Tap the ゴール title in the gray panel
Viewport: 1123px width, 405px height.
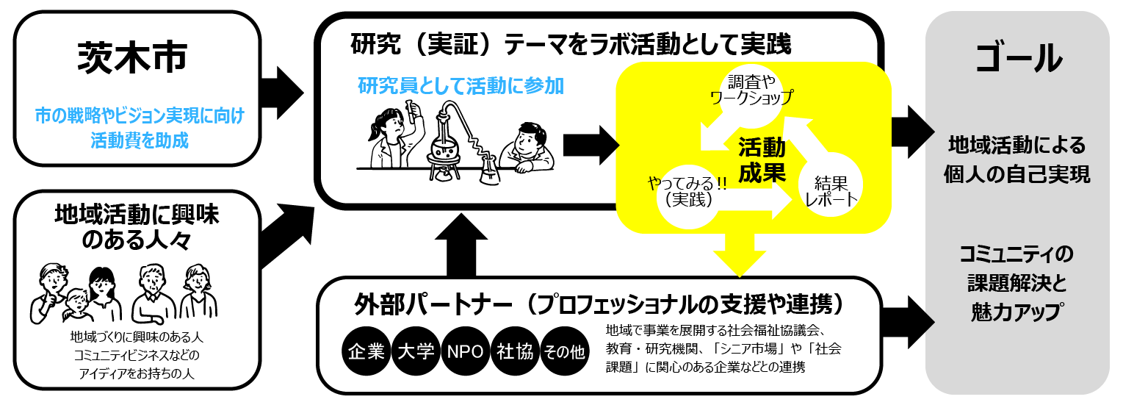(1018, 59)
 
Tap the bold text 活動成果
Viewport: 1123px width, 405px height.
(762, 160)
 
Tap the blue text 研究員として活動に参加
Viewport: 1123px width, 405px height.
(461, 87)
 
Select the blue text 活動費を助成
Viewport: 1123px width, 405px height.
(140, 140)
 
